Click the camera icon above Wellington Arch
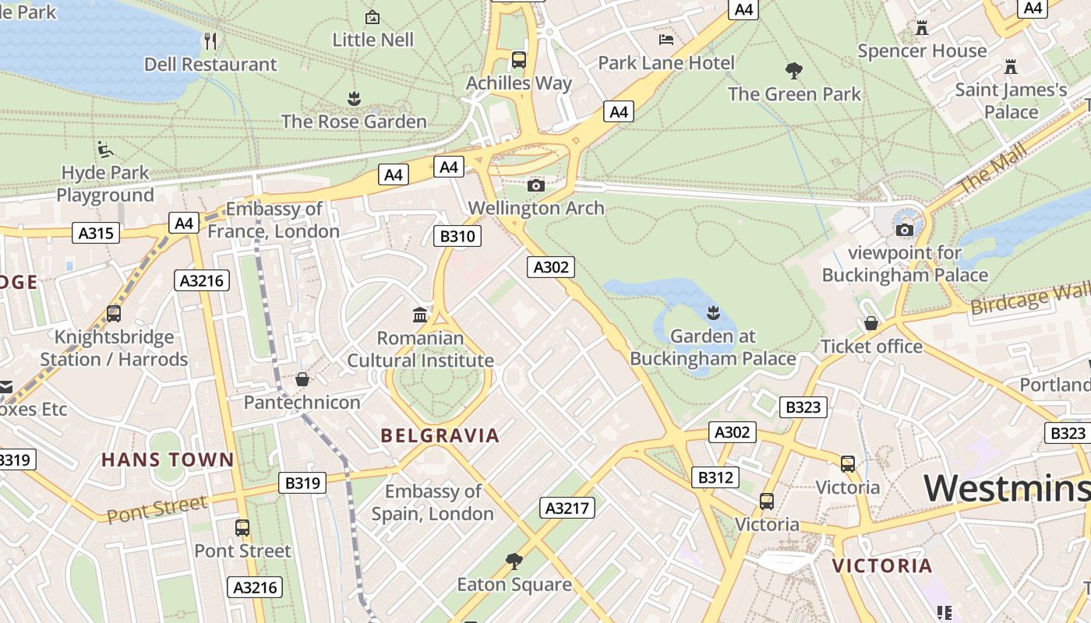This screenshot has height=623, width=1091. [536, 185]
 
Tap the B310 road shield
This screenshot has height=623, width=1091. [457, 236]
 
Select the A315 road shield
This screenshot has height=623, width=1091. [96, 233]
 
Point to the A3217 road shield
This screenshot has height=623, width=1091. [567, 508]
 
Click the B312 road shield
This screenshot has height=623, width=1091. [715, 477]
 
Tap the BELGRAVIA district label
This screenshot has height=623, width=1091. [440, 435]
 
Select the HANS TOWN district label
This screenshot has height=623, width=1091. [168, 459]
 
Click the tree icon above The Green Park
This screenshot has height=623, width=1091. [794, 71]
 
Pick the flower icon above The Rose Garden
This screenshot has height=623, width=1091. [354, 99]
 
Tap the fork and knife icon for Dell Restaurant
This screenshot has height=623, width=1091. [210, 40]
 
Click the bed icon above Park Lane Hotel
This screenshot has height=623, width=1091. [666, 39]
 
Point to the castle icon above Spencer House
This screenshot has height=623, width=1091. [922, 28]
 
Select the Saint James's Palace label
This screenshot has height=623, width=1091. [1011, 100]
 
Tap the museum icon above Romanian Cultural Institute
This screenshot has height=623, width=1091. [420, 315]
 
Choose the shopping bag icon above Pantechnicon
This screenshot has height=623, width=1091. [302, 379]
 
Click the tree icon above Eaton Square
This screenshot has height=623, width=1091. [514, 561]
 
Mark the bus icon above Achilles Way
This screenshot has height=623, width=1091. [518, 60]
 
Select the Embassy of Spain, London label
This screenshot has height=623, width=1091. [433, 502]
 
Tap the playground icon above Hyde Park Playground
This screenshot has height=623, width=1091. [105, 150]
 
